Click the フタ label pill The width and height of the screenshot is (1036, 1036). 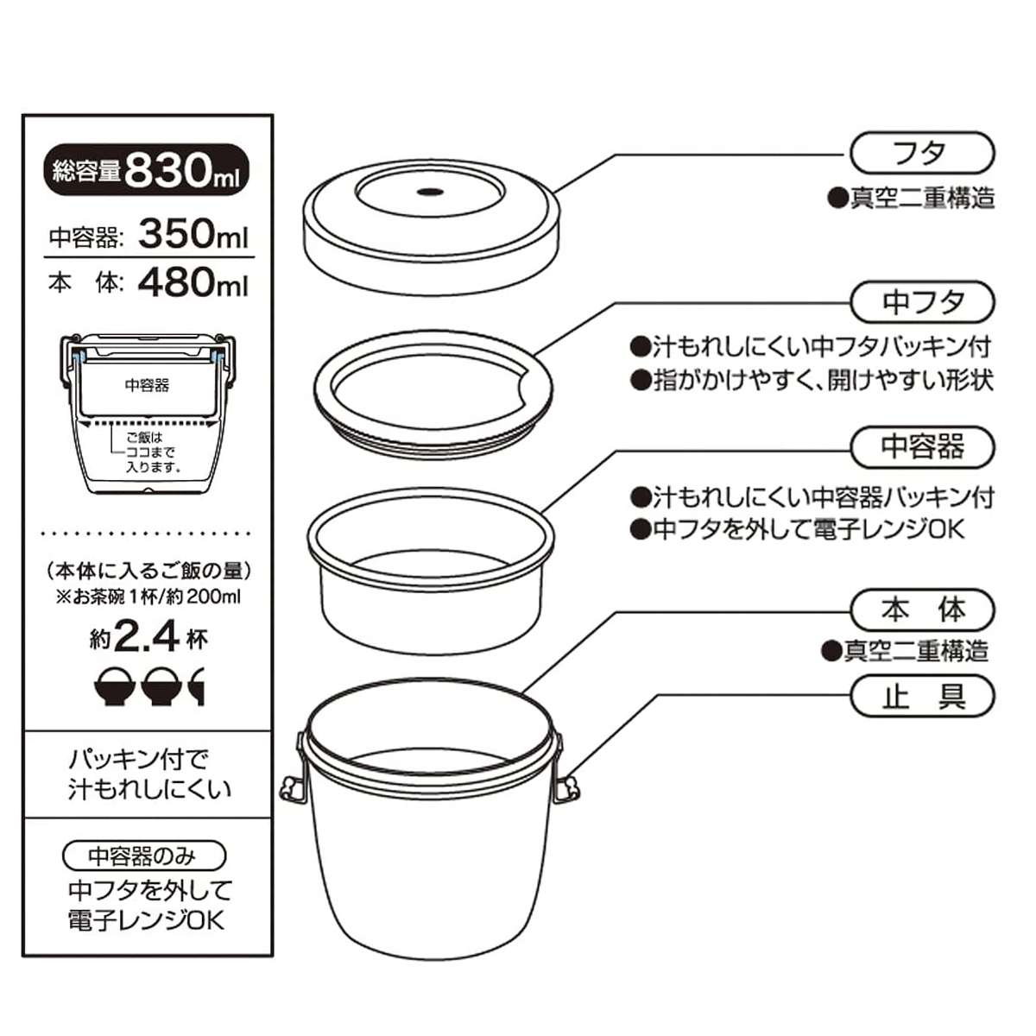(x=922, y=153)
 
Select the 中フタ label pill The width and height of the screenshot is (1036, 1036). (x=922, y=301)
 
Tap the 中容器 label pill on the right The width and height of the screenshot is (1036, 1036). (x=922, y=447)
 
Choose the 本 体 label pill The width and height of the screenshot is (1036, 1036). (x=922, y=610)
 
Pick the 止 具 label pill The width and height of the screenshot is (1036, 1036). (x=922, y=696)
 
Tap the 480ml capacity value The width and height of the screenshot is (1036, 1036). (x=193, y=282)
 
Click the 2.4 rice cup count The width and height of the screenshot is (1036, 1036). (x=147, y=638)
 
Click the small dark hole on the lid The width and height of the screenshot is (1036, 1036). (x=430, y=191)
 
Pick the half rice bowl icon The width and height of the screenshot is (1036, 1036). (x=197, y=686)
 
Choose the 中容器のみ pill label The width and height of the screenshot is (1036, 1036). (x=143, y=856)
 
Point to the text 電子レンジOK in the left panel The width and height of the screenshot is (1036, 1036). (x=146, y=920)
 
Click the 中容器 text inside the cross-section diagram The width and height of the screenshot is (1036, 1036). (x=147, y=385)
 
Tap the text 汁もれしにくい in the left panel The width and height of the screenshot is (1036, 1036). (x=149, y=790)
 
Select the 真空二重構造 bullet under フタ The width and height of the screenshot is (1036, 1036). (x=912, y=199)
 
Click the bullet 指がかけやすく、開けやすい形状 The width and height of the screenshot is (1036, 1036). (x=812, y=380)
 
